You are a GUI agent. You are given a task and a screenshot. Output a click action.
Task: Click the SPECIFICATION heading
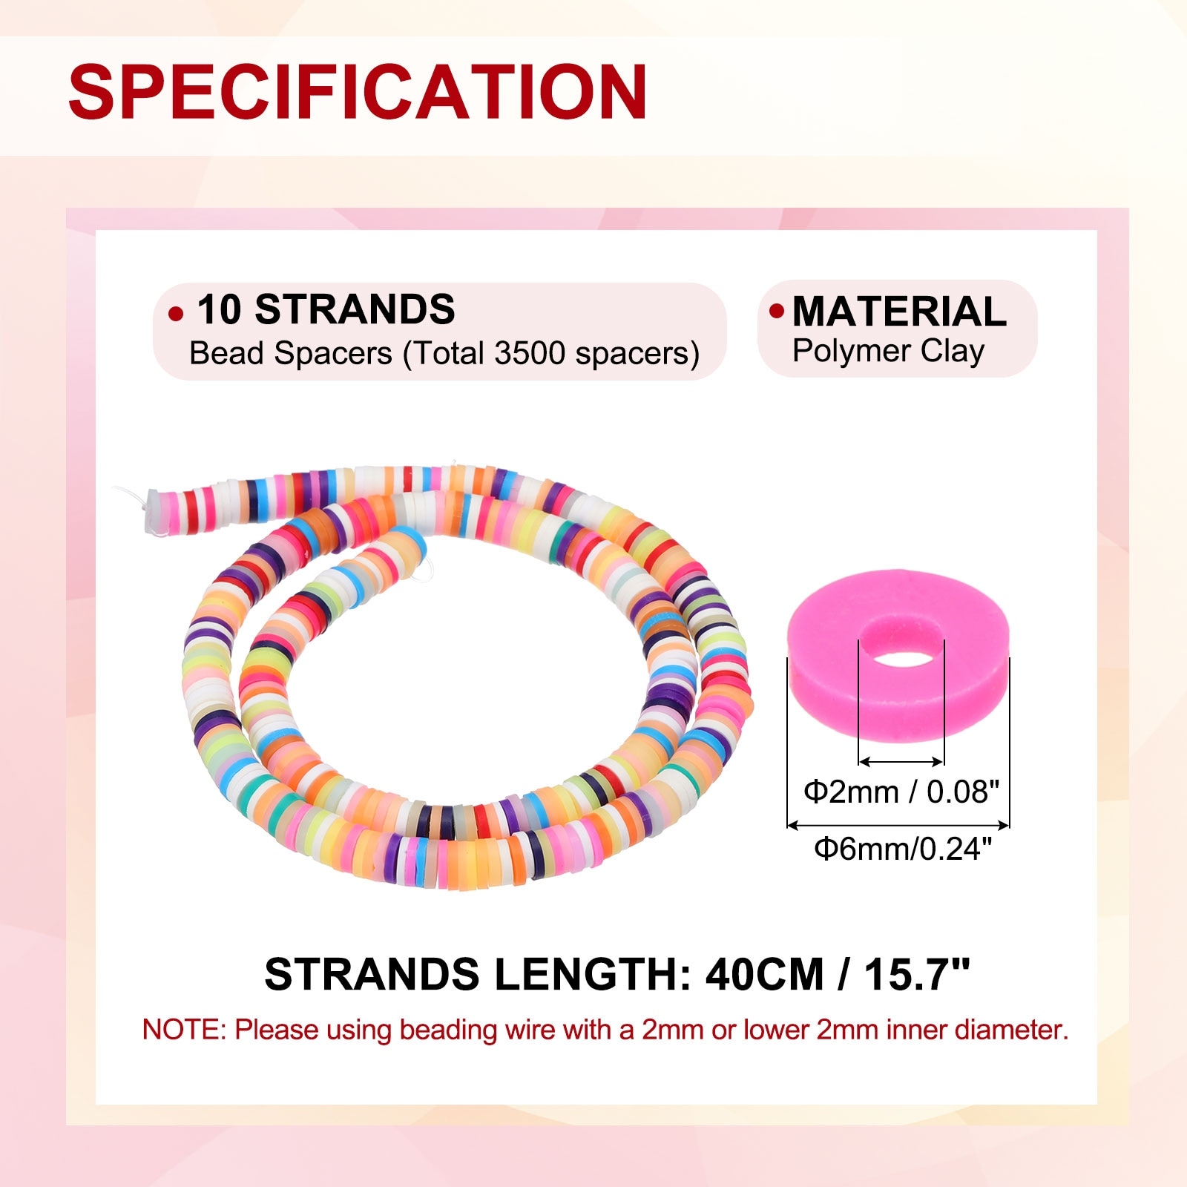[358, 92]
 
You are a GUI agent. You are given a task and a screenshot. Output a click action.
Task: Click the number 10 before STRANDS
[219, 309]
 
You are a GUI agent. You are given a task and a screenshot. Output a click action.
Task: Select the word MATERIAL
[899, 311]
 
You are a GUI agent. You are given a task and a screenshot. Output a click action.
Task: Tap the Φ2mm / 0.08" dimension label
[901, 792]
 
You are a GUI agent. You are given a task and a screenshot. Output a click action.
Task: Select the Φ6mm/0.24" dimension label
[903, 848]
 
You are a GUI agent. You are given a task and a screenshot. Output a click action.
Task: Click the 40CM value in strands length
[765, 974]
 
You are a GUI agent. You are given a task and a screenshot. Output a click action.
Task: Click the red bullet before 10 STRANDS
[176, 314]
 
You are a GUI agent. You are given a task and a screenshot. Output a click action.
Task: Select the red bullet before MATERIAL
[777, 311]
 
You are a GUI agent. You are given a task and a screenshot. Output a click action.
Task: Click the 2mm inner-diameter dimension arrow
[901, 761]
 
